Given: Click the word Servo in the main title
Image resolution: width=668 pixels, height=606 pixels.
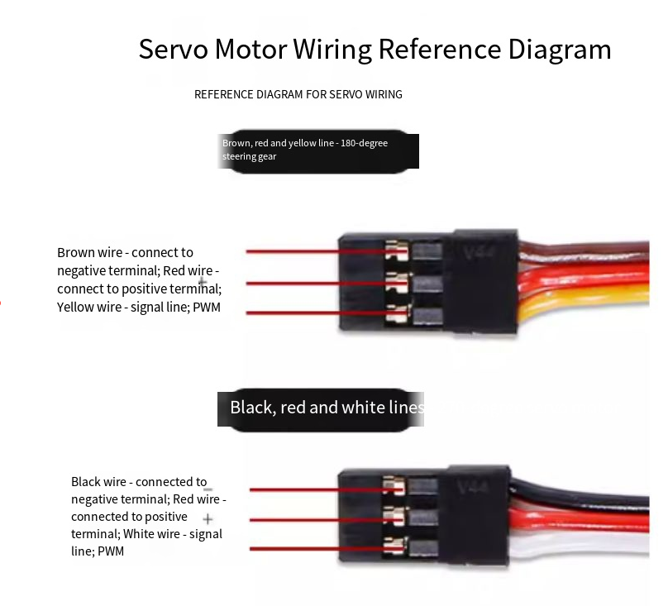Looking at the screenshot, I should (172, 50).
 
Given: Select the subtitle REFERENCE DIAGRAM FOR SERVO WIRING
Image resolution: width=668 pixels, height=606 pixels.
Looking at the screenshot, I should (298, 94).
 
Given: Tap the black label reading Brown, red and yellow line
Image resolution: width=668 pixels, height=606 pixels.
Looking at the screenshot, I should (318, 150).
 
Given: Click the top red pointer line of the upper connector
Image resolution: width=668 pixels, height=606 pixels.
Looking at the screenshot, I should (314, 251).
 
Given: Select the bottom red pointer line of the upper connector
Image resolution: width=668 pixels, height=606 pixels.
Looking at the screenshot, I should (314, 313).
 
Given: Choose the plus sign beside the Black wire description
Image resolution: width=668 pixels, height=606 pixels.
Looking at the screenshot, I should (208, 519).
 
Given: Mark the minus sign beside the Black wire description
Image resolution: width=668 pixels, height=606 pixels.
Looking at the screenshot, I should (208, 490).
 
